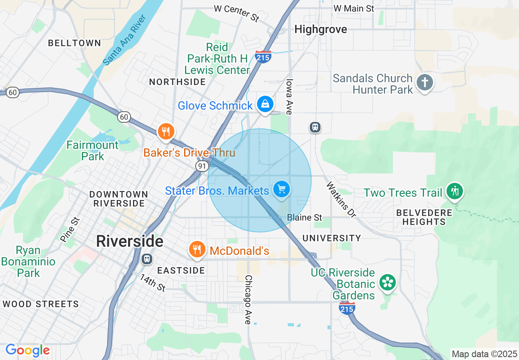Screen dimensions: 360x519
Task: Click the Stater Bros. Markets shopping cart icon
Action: [x=282, y=189]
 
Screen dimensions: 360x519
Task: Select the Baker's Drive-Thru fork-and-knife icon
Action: [x=166, y=131]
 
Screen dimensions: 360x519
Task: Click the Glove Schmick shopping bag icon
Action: [x=265, y=104]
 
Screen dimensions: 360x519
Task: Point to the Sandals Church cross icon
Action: [x=425, y=82]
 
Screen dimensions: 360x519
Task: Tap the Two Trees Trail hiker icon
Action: [x=454, y=191]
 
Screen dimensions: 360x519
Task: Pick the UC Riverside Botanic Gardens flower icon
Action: [x=387, y=282]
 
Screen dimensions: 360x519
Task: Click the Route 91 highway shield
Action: [x=201, y=166]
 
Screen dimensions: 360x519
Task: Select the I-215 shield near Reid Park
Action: [x=263, y=57]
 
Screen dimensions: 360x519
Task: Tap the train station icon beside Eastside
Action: [x=147, y=259]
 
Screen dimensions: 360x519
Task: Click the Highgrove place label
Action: [x=320, y=29]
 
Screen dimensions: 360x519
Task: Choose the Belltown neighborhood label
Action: [x=74, y=43]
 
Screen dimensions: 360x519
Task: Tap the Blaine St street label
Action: [x=305, y=217]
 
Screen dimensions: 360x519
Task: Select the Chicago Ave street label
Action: [x=248, y=299]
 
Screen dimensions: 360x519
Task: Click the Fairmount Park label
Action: [x=93, y=151]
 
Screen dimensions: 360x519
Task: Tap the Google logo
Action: [x=27, y=350]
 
